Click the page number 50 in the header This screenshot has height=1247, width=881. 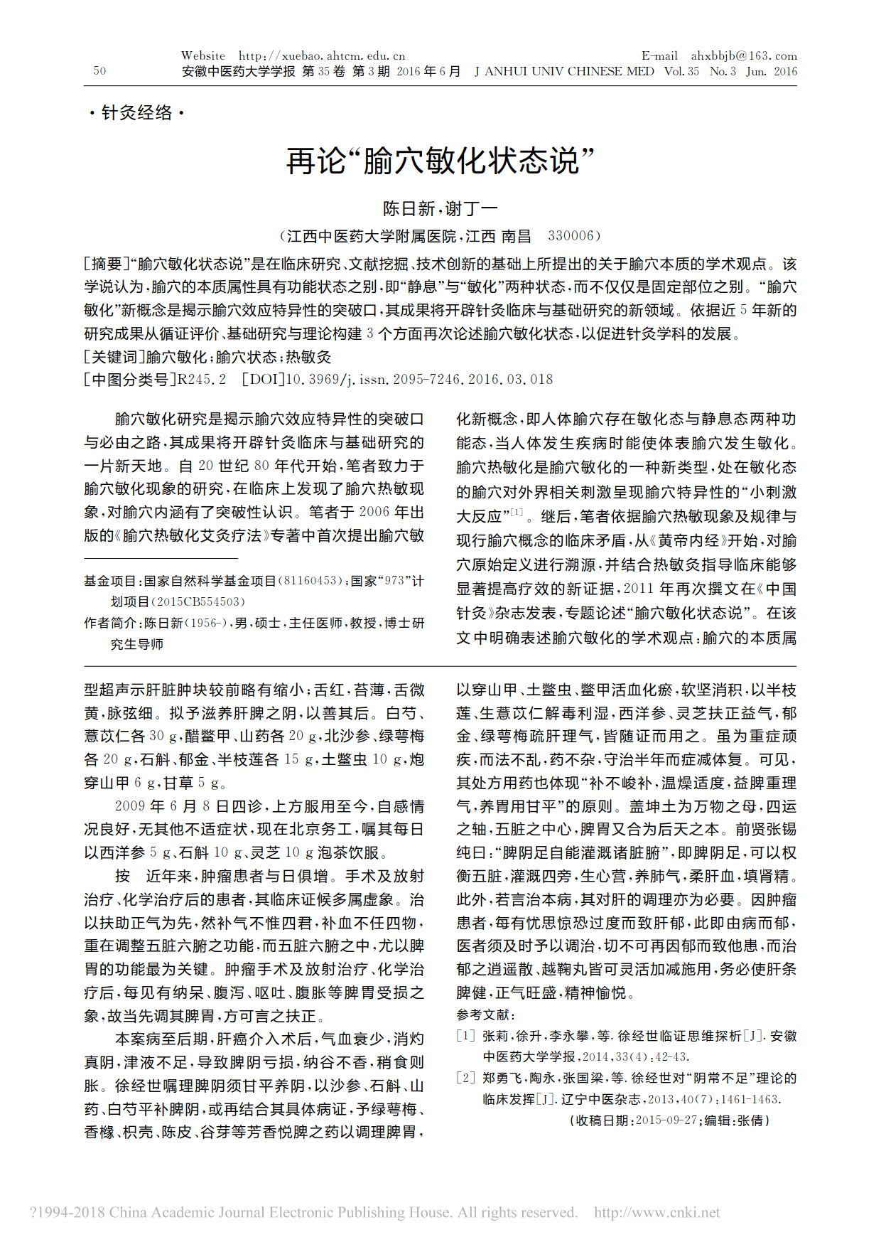coord(99,70)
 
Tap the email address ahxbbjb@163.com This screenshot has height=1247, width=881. coord(744,55)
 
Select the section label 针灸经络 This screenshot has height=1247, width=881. coord(136,113)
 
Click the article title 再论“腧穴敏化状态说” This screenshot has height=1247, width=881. coord(440,161)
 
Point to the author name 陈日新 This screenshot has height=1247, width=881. coord(409,209)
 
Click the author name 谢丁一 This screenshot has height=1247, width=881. coord(472,209)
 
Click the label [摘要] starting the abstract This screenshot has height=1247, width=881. coord(107,264)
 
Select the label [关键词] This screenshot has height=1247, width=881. coord(114,357)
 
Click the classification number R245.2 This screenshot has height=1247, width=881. coord(202,380)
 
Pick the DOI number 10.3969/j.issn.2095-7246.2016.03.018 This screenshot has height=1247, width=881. coord(419,380)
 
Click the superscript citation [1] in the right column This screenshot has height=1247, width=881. coord(517,512)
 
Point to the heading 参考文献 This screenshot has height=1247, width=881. coord(486,1015)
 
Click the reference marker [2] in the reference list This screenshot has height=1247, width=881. coord(465,1078)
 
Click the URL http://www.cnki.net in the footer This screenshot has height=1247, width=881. coord(656,1213)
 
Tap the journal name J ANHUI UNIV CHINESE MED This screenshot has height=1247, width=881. coord(564,71)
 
